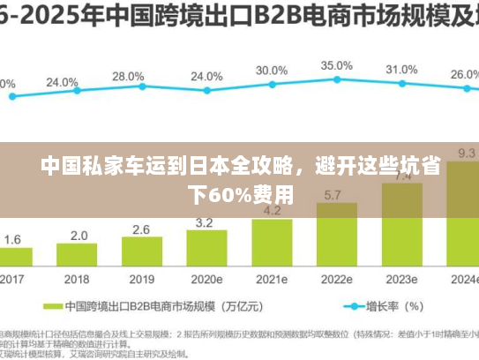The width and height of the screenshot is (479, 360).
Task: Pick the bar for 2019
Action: [141, 252]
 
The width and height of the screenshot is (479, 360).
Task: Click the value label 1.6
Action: [12, 239]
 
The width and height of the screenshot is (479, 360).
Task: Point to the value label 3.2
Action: [205, 221]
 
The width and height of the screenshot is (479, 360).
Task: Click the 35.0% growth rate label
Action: [336, 65]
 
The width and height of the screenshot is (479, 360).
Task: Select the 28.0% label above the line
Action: [128, 77]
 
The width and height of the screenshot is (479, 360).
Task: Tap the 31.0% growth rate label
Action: [401, 70]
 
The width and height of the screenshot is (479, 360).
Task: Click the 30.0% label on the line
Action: [271, 70]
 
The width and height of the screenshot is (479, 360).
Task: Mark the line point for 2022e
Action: [336, 81]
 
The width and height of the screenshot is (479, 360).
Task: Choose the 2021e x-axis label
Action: [271, 279]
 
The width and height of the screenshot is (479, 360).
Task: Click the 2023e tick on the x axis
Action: [401, 279]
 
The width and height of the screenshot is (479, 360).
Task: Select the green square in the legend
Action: [50, 307]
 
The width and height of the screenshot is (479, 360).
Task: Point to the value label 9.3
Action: [465, 153]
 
